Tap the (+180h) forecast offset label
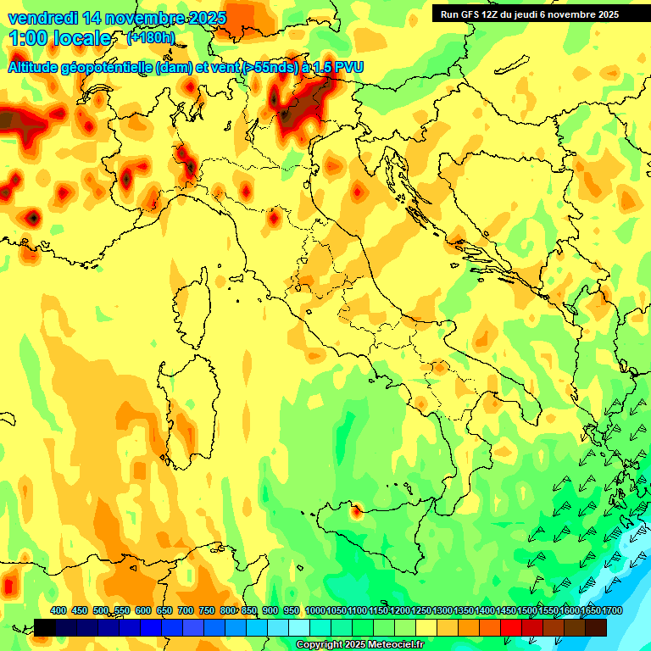(151, 38)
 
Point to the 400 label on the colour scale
(58, 611)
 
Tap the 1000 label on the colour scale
(315, 611)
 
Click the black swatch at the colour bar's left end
(45, 627)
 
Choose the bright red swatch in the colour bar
(511, 627)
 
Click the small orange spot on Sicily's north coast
(355, 510)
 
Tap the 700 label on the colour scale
(186, 611)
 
